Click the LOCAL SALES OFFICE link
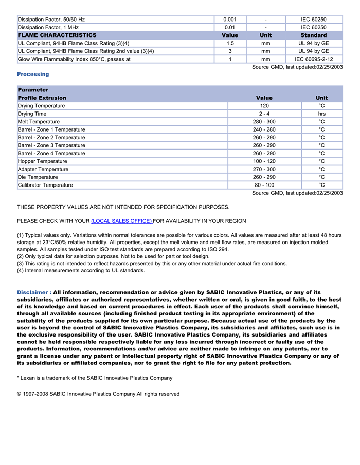coord(121,221)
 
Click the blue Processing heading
coord(33,74)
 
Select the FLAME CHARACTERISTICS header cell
coord(57,35)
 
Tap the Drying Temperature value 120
coord(264,106)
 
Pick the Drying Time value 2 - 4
coord(264,114)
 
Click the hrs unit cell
coord(321,114)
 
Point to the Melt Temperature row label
coord(39,122)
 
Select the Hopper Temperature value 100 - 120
coord(264,161)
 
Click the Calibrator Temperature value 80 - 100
coord(264,185)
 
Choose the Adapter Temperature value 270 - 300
coord(264,169)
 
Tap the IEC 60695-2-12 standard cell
coord(314,59)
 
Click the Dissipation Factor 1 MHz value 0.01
coord(230,27)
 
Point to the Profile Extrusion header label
coord(42,98)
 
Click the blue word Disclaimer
coord(34,292)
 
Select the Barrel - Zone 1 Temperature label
coord(51,129)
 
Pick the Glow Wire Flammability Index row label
coord(74,59)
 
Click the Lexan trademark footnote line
coord(95,378)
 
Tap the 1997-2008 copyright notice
coord(98,394)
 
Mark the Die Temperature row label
coord(38,177)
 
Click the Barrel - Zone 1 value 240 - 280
coord(264,129)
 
